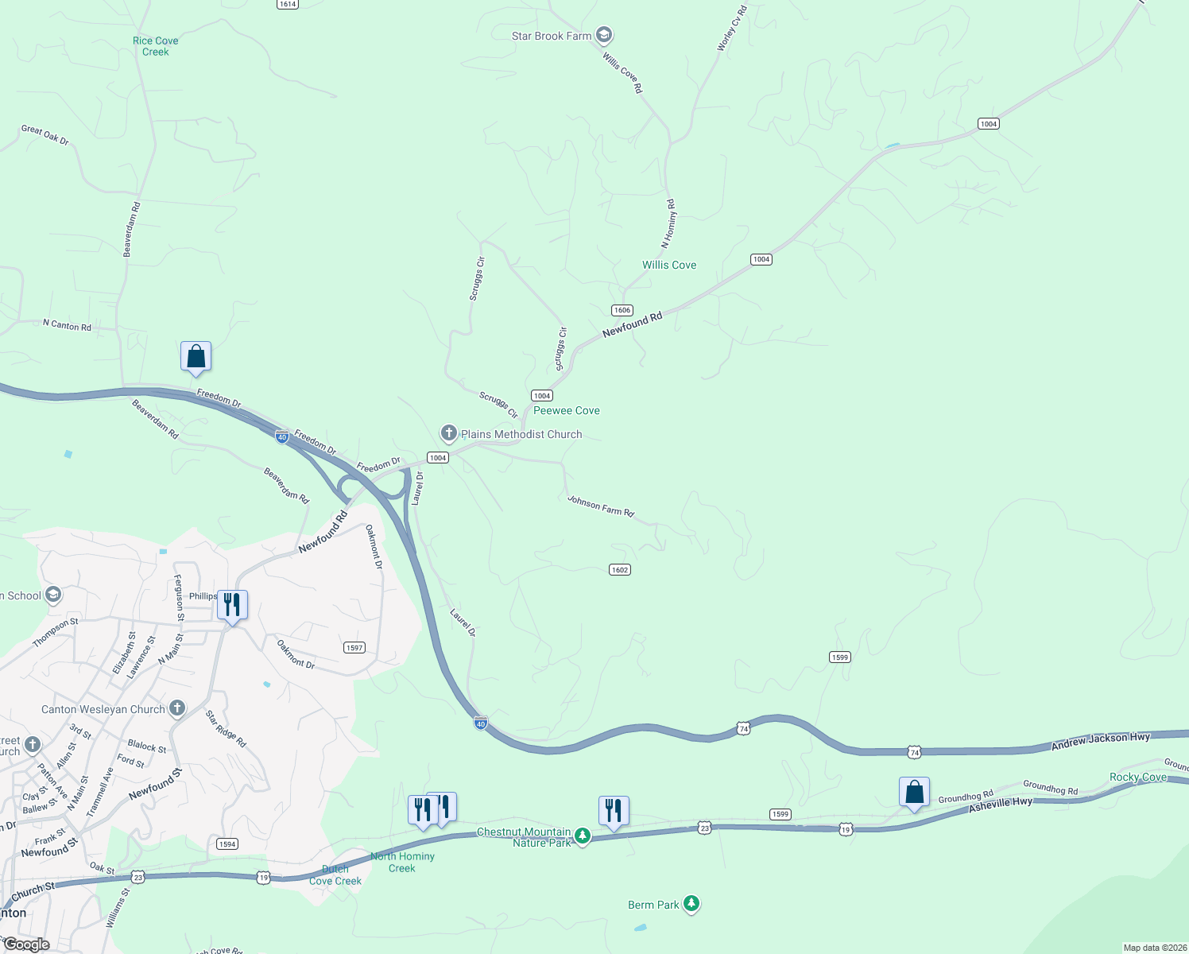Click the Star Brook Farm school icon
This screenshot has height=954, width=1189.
(x=604, y=35)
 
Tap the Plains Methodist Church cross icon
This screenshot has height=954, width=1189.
(x=449, y=433)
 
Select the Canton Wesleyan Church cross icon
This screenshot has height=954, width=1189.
(x=177, y=708)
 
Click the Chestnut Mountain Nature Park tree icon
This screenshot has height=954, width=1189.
(x=583, y=836)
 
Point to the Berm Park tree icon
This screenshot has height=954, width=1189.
(x=691, y=904)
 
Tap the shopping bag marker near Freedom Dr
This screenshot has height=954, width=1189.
(x=196, y=357)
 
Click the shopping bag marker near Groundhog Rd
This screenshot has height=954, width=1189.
(x=914, y=792)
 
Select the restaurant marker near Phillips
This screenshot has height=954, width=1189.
(x=232, y=605)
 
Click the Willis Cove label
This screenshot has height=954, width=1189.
(x=669, y=265)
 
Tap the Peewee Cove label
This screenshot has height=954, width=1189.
(x=567, y=410)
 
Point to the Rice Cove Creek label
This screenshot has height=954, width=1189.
(x=156, y=46)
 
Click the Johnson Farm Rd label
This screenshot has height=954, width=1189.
(x=601, y=506)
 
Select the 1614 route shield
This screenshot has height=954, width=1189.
(x=287, y=4)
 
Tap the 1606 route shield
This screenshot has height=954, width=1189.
(x=622, y=310)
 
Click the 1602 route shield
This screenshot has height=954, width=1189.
(x=620, y=569)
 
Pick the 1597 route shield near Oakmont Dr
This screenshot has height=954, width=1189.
(x=354, y=647)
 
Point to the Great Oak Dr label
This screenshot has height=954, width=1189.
(x=45, y=135)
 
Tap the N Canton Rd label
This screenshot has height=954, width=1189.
(x=67, y=325)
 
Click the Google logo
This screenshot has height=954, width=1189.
(x=26, y=944)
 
